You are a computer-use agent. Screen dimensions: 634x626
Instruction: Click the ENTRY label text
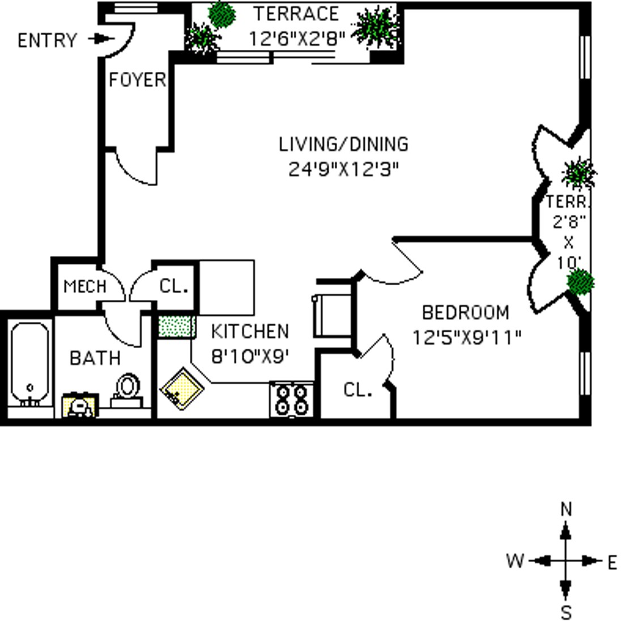point(47,40)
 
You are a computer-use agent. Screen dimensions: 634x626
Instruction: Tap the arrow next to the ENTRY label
point(101,39)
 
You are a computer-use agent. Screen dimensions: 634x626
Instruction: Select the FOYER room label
point(138,80)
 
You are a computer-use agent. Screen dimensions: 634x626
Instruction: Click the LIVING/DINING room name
point(344,144)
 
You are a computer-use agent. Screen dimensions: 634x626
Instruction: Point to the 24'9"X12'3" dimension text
point(344,169)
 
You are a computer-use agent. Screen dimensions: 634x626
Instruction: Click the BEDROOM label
point(466,312)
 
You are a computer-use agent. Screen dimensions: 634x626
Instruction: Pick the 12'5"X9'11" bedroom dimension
point(467,337)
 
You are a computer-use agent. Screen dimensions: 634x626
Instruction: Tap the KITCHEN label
point(250,332)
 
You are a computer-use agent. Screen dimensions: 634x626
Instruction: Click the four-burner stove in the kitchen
point(292,400)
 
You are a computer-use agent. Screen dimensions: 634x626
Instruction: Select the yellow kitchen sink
point(182,388)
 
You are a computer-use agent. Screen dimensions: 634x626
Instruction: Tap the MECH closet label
point(86,286)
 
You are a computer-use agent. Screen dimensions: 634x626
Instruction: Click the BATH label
point(95,358)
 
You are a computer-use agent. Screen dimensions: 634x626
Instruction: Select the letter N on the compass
point(567,509)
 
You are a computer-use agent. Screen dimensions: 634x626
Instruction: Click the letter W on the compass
point(515,561)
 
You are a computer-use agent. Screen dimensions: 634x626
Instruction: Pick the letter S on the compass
point(567,612)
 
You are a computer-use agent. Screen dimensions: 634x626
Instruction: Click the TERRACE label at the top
point(296,14)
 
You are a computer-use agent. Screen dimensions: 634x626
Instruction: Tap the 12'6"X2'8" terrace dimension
point(297,39)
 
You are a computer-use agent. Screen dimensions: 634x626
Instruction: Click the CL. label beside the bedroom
point(358,390)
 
